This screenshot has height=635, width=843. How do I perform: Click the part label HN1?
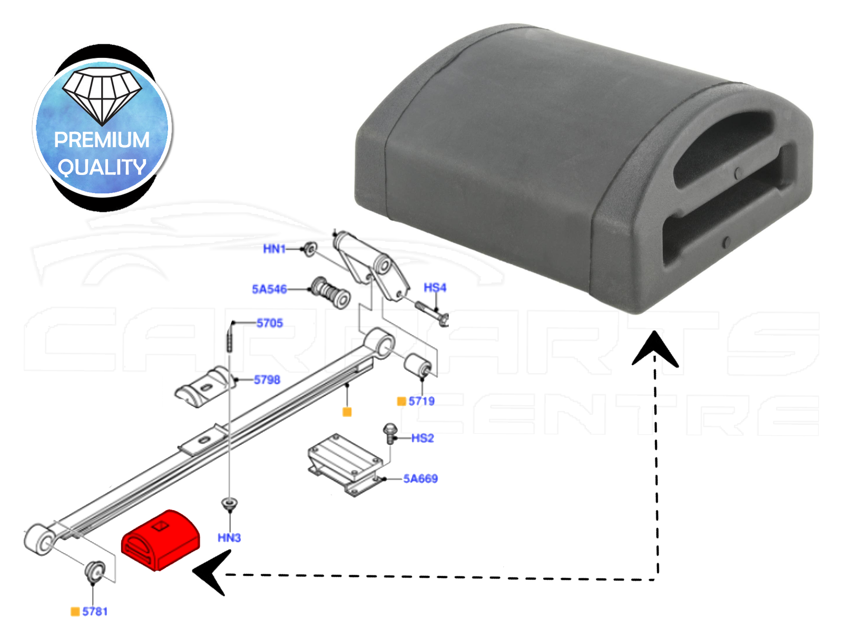tap(274, 249)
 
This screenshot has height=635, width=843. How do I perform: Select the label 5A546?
tap(269, 289)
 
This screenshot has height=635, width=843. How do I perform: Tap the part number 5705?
tap(270, 323)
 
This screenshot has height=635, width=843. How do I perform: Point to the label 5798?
tap(267, 379)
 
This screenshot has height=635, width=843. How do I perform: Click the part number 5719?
tap(421, 401)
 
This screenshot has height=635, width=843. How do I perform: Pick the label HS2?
tap(423, 438)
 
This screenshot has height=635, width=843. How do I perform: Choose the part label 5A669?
tap(420, 478)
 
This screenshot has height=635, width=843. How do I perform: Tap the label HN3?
tap(229, 538)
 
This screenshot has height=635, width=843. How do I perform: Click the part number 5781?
tap(95, 611)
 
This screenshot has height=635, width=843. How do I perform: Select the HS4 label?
tap(435, 287)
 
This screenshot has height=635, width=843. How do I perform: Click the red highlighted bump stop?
tap(161, 540)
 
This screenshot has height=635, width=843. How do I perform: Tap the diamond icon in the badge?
tap(102, 96)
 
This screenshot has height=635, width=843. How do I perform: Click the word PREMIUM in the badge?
tap(102, 140)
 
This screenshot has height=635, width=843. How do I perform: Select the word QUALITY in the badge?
tap(102, 168)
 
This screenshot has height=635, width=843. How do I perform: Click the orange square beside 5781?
tap(75, 611)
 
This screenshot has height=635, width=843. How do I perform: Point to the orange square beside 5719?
tap(401, 402)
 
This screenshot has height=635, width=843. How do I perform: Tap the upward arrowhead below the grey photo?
tap(655, 349)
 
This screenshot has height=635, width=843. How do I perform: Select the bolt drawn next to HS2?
tap(390, 434)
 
